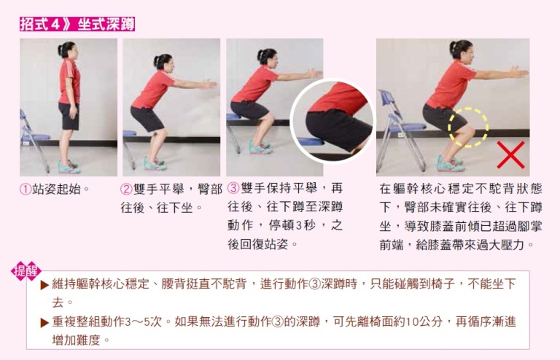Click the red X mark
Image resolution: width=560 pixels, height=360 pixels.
510,154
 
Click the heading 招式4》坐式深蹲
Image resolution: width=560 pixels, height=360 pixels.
77,24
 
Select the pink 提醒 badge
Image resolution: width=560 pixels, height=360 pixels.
26,271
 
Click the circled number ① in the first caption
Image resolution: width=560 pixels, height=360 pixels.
26,189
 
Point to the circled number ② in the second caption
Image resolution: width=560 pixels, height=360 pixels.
126,189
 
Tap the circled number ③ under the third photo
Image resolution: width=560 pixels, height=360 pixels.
233,188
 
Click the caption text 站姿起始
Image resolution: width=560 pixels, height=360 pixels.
56,189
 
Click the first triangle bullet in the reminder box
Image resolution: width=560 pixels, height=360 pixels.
44,285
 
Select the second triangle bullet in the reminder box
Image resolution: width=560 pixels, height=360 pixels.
44,323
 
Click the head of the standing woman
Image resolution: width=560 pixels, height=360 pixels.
67,50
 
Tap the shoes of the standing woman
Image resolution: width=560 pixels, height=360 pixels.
69,167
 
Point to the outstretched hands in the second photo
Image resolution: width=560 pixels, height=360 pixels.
209,85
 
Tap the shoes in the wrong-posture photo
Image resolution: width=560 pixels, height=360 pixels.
451,164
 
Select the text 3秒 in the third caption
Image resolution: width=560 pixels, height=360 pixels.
301,225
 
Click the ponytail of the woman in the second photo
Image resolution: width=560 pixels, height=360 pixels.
157,62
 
